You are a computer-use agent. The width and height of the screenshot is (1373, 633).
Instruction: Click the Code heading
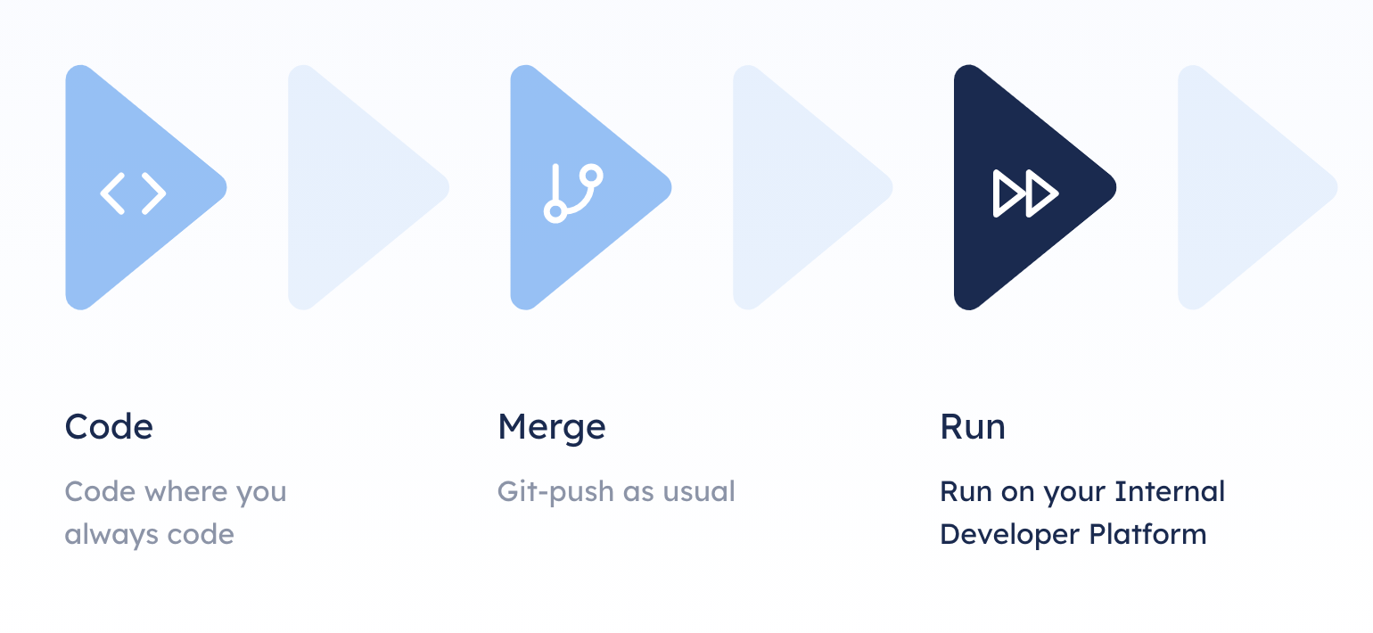[109, 426]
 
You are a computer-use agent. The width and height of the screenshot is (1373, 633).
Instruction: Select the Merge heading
[552, 428]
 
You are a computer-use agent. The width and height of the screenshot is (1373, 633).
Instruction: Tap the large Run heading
[973, 426]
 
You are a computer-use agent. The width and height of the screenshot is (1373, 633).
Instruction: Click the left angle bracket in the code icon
[112, 193]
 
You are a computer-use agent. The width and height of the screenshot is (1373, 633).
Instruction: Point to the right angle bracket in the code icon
[154, 193]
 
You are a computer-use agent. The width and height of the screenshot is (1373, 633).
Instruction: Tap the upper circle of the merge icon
[591, 176]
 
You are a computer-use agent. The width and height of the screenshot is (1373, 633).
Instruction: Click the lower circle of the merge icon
[555, 211]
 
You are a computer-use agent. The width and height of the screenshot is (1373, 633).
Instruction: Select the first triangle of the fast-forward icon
[1007, 193]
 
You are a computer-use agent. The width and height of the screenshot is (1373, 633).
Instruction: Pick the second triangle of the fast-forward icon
[1040, 193]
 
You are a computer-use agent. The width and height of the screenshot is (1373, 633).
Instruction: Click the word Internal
[1170, 491]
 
